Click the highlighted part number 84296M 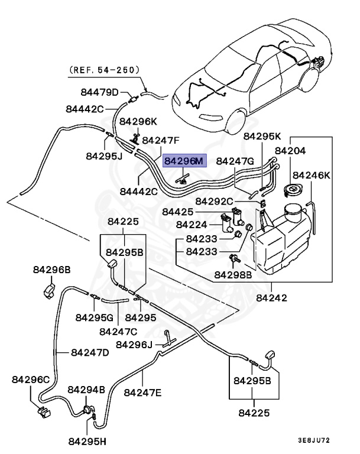[x=183, y=161]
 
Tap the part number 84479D [x=100, y=92]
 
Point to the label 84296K [x=138, y=121]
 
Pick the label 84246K [x=312, y=175]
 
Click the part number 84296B [x=51, y=270]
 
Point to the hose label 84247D [x=90, y=352]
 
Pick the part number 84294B [x=86, y=390]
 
